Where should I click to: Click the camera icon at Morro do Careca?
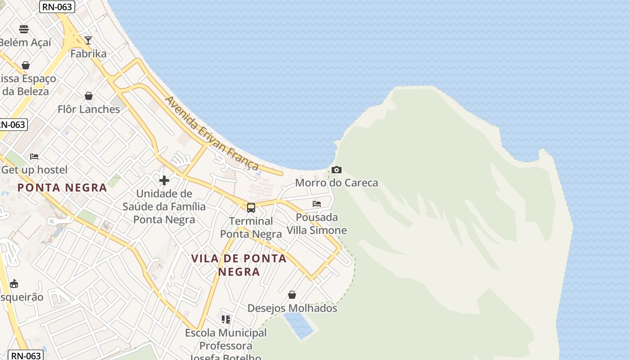(x=336, y=170)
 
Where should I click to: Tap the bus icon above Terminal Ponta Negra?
(x=251, y=208)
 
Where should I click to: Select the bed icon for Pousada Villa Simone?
(x=317, y=204)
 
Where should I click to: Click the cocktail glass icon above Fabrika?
(x=88, y=40)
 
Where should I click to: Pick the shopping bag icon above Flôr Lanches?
(x=89, y=96)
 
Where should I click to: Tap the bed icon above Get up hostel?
(x=34, y=157)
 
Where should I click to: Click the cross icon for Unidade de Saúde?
(x=164, y=180)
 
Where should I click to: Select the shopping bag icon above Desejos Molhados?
(x=292, y=295)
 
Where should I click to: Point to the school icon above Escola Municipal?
(x=226, y=319)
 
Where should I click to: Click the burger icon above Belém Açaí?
(x=24, y=29)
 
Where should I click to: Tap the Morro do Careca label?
(x=337, y=183)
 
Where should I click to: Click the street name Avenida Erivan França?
(x=211, y=133)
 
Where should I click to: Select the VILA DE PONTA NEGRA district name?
(x=239, y=265)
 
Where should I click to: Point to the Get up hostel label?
(x=34, y=170)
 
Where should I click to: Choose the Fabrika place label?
(x=89, y=54)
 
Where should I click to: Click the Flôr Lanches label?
(x=89, y=109)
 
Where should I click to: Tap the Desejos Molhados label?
(x=292, y=308)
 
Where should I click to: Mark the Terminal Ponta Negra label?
(x=251, y=227)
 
